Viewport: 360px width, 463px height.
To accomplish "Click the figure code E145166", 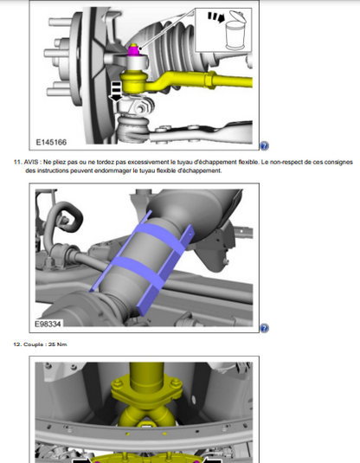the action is coord(51,142).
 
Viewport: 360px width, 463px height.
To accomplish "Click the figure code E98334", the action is coord(48,324).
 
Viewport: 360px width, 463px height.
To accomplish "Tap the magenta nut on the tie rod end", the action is coord(134,50).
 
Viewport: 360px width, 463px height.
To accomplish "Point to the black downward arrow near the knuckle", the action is coord(116,92).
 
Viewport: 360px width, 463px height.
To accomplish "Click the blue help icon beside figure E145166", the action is coord(264,146).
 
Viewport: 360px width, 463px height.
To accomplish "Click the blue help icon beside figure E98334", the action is coord(264,328).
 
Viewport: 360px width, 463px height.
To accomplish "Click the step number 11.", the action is coord(17,162).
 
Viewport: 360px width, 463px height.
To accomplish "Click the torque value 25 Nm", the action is coord(58,344).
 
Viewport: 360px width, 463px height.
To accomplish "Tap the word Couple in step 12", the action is coord(35,344).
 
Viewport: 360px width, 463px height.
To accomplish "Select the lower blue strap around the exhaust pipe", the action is coord(138,269).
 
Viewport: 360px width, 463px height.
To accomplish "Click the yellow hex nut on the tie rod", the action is coord(209,80).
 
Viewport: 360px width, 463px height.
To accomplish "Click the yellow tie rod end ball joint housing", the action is coord(134,79).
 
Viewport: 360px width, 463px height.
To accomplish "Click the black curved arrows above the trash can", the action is coord(215,16).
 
